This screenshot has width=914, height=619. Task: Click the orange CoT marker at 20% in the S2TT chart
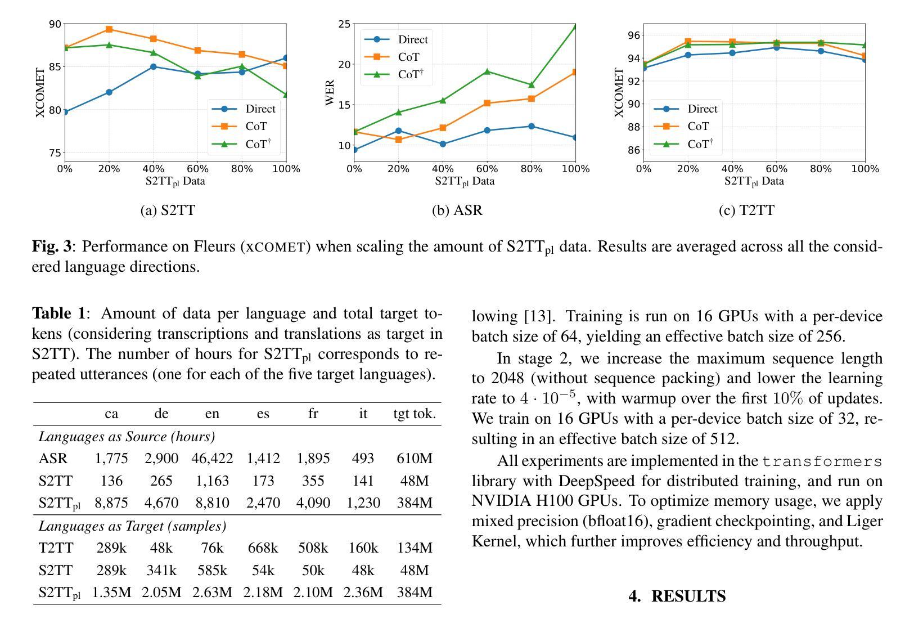click(x=109, y=29)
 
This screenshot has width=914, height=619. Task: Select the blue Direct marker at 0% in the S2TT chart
click(x=65, y=112)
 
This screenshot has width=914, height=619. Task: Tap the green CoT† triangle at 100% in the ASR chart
click(x=575, y=26)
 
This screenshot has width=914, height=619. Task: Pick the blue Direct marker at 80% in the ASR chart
click(x=532, y=126)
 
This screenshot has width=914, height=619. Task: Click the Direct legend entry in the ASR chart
click(x=396, y=39)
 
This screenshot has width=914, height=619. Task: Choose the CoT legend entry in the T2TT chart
click(x=686, y=126)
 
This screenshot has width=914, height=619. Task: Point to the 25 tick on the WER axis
click(x=344, y=24)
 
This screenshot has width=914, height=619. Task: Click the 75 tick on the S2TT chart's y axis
click(x=55, y=153)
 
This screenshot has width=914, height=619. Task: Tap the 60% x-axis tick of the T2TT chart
click(x=776, y=169)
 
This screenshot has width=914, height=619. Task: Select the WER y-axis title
click(x=330, y=93)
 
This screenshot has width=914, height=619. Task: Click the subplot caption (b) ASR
click(x=457, y=210)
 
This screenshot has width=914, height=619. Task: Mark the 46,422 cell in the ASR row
click(x=212, y=459)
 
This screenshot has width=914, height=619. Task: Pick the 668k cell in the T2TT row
click(x=263, y=548)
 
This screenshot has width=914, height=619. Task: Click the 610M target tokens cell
click(x=415, y=459)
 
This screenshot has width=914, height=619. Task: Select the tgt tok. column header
click(x=415, y=414)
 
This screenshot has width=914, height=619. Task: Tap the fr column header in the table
click(x=313, y=414)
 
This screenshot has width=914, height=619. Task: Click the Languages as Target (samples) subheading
click(x=132, y=526)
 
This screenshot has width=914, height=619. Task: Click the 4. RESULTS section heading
click(x=677, y=596)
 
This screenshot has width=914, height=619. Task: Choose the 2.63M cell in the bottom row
click(x=212, y=593)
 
